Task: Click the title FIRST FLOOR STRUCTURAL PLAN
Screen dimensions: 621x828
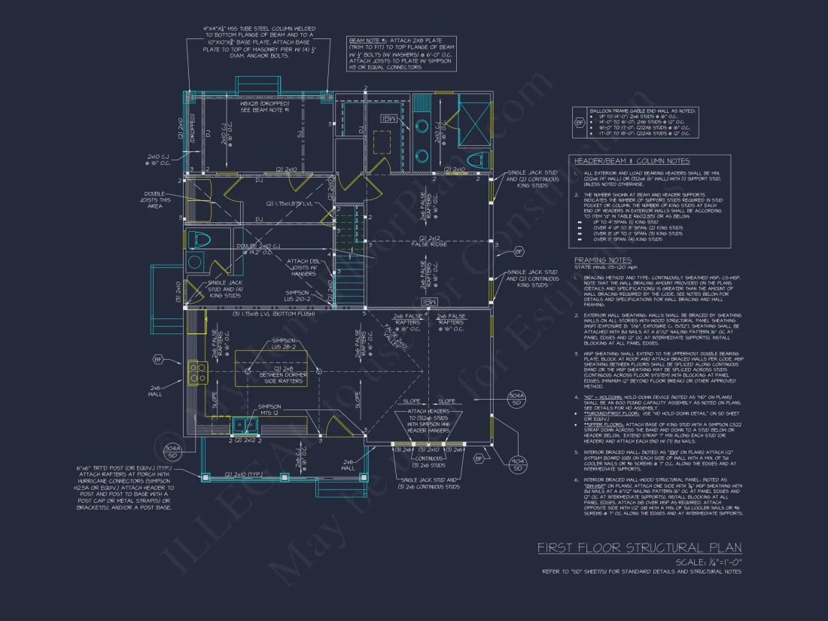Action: tap(639, 547)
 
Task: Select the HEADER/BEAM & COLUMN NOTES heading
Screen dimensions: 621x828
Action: tap(632, 161)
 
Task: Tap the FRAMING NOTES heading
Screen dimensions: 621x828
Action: tap(602, 260)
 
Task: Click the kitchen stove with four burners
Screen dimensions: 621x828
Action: tap(197, 370)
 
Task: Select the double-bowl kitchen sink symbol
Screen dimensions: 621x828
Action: tap(245, 425)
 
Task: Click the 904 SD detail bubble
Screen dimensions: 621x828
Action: tap(517, 464)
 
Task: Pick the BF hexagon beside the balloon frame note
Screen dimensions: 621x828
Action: tap(579, 123)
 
